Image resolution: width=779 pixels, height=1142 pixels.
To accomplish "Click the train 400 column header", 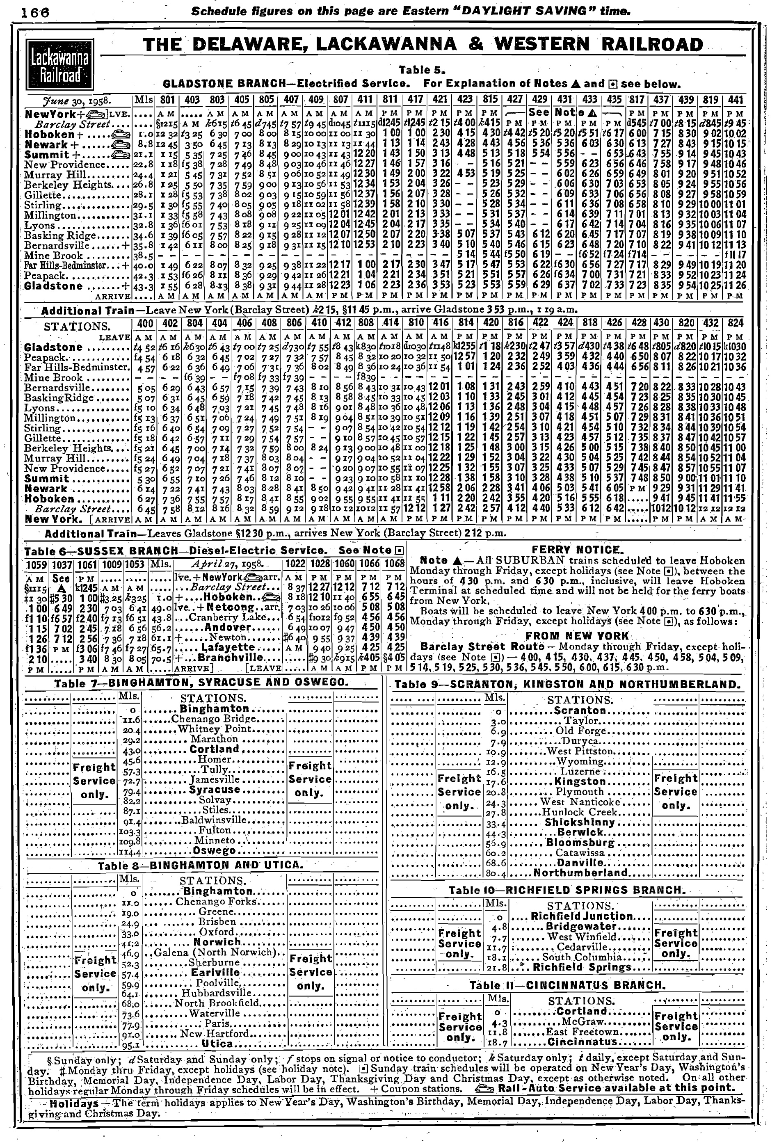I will point(144,323).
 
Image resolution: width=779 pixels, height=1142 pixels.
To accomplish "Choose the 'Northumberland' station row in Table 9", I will point(580,873).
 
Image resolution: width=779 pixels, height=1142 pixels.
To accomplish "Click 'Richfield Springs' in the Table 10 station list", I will point(582,967).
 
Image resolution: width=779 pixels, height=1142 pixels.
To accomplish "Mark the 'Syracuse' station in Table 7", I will point(215,790).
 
